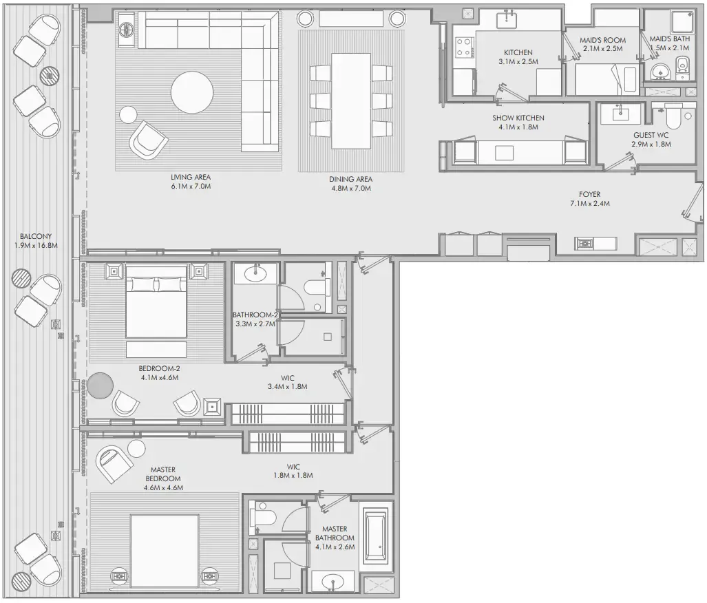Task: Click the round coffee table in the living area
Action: tap(192, 93)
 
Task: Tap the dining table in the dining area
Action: tap(351, 100)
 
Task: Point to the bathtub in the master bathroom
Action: tap(377, 535)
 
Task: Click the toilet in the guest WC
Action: tap(671, 117)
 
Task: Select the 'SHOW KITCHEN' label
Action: tap(518, 118)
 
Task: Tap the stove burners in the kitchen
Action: tap(463, 47)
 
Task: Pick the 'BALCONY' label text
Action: tap(36, 237)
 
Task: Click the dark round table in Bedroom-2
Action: tap(101, 385)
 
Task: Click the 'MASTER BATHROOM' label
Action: tap(335, 533)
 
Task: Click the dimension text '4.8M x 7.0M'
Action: tap(350, 188)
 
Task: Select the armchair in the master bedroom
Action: tap(114, 465)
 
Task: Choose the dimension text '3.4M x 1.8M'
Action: tap(287, 387)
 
